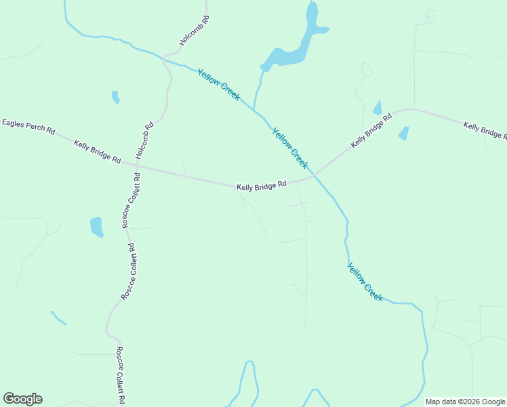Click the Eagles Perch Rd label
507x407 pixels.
click(28, 126)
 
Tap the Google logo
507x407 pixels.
click(22, 399)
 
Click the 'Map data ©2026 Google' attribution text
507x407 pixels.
click(465, 402)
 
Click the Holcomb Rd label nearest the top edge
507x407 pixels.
click(195, 31)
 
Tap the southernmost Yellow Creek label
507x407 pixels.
click(365, 282)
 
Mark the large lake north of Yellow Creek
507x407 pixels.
click(288, 54)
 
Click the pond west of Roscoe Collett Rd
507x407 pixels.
click(96, 227)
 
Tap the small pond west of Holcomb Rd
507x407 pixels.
click(115, 97)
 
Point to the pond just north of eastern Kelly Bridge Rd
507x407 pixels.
click(378, 109)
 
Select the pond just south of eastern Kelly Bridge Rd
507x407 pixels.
click(404, 133)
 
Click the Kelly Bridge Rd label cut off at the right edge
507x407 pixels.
click(485, 130)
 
